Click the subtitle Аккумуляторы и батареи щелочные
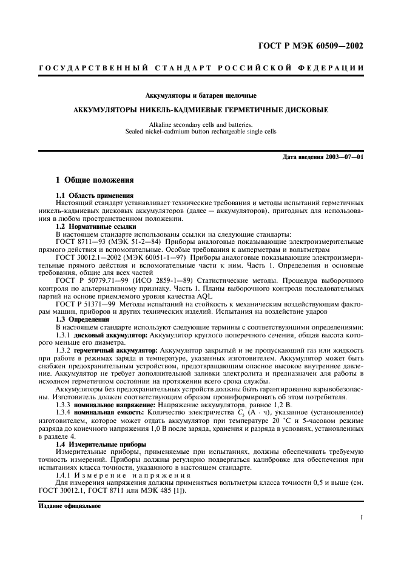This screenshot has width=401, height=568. [200, 95]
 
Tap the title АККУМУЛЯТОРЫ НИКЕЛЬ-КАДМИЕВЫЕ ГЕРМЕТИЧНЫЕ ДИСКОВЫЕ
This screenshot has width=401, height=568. [200, 111]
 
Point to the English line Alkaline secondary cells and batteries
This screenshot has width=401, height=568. [200, 124]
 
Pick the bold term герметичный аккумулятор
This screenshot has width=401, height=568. [115, 351]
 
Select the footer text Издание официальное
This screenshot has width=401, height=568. [66, 504]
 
